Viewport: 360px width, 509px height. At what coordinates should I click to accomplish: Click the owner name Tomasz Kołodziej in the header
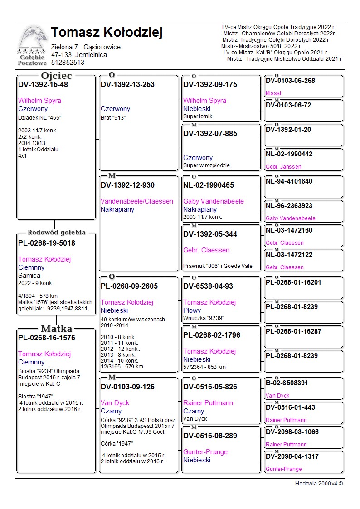click(107, 33)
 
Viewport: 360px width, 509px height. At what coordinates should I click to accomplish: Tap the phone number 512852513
click(68, 63)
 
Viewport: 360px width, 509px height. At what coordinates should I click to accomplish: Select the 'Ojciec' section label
click(56, 76)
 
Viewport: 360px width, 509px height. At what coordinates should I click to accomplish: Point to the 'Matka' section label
click(56, 329)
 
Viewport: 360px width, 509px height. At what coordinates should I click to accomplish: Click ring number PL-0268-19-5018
click(47, 243)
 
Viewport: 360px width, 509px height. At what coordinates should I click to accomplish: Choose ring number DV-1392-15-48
click(43, 84)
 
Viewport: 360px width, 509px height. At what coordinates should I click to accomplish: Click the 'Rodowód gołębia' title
click(56, 233)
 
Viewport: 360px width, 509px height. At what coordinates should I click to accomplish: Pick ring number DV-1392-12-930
click(127, 185)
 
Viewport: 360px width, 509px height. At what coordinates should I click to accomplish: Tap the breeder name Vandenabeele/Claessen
click(137, 201)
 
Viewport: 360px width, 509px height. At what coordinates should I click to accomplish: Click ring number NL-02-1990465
click(209, 185)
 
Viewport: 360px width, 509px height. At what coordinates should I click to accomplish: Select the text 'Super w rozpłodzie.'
click(207, 165)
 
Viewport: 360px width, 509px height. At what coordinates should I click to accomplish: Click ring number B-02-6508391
click(287, 383)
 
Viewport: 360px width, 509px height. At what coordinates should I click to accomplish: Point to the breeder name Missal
click(273, 93)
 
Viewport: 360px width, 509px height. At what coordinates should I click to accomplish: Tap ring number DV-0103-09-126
click(127, 387)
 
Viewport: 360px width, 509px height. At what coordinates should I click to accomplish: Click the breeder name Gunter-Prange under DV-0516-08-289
click(205, 452)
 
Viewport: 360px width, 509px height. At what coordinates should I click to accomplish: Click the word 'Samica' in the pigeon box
click(29, 276)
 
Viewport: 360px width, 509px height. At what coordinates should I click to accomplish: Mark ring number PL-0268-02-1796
click(212, 335)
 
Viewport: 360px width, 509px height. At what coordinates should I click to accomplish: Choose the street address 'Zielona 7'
click(64, 47)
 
